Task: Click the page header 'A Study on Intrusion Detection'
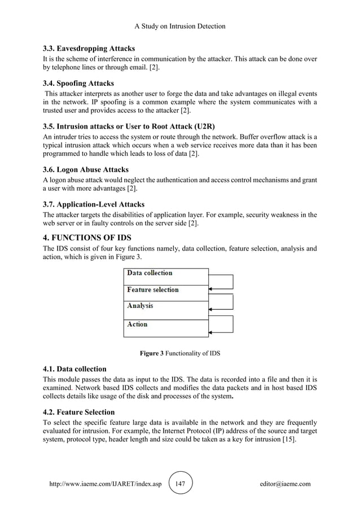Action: [180, 26]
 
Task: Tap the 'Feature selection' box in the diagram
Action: [165, 292]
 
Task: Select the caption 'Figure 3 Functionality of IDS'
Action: [180, 354]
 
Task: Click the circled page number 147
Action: [179, 484]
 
